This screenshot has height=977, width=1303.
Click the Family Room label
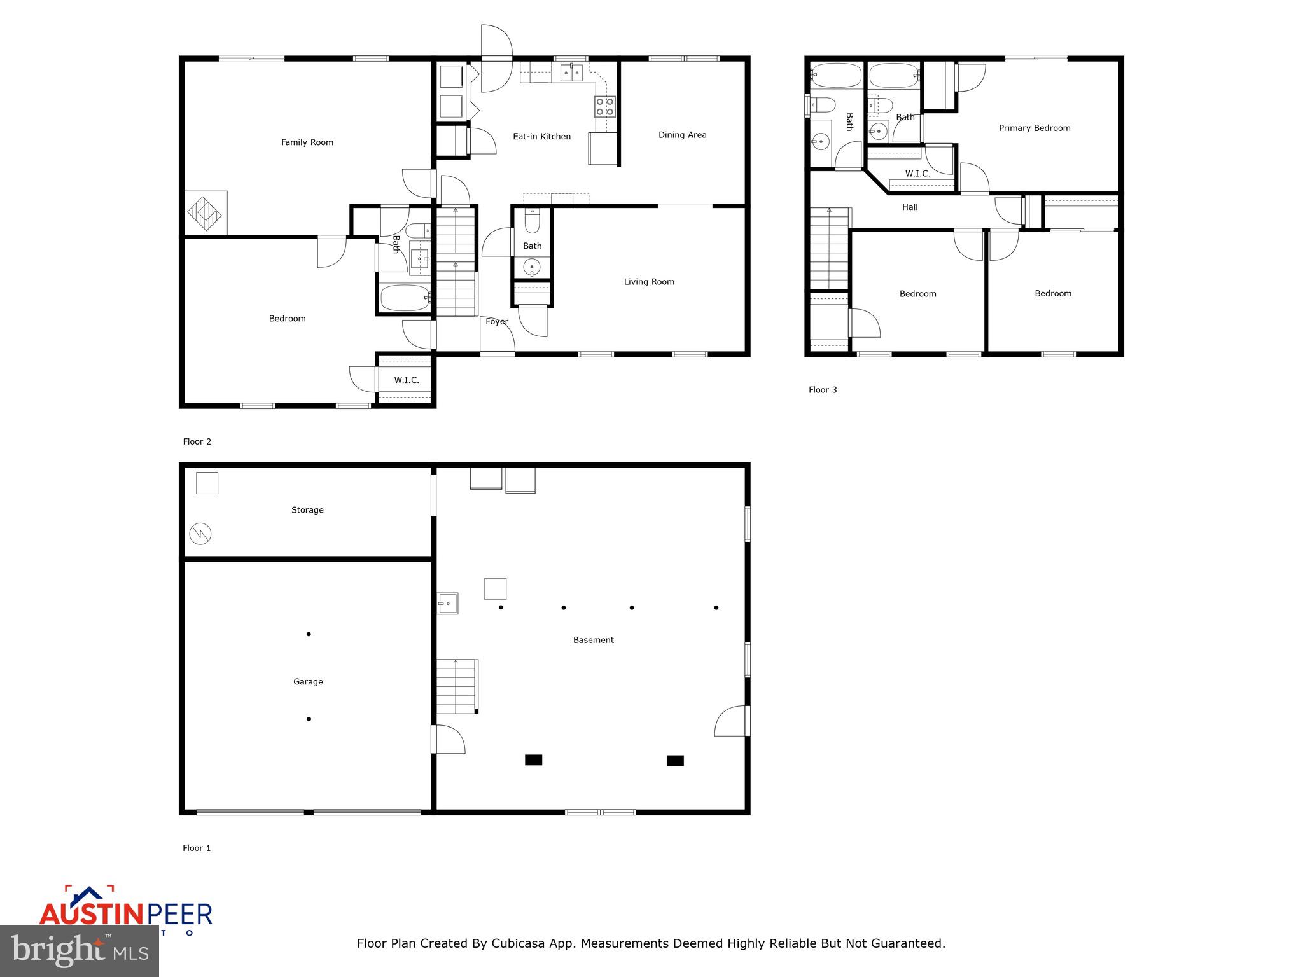307,142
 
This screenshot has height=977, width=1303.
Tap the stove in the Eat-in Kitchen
604,106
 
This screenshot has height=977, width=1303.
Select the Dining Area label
682,135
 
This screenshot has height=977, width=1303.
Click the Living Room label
649,282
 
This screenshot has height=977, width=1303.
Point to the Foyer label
497,322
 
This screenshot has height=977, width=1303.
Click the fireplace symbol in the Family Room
205,214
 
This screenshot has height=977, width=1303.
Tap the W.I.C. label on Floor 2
406,380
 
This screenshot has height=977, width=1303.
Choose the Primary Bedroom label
1035,128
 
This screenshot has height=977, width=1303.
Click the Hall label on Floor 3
910,207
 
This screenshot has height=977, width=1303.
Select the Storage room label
307,510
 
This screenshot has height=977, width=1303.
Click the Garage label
308,682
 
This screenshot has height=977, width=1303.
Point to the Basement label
593,641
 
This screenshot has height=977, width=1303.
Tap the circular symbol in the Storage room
200,534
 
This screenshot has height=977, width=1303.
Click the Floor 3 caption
823,390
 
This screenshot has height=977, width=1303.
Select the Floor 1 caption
197,848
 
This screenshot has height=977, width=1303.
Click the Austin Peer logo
126,911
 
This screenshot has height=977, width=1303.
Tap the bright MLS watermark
80,951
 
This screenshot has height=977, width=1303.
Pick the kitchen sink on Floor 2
571,73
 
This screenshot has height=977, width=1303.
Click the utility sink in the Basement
447,603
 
